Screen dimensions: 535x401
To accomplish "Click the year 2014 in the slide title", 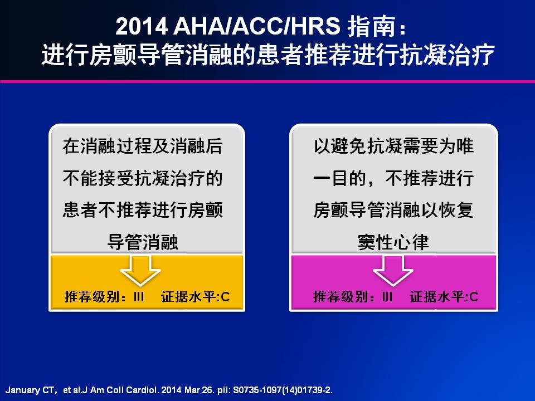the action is pos(141,26).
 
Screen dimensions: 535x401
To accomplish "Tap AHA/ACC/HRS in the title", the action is pos(256,26).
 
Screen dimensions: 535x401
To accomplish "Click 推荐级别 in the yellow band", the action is pos(92,297).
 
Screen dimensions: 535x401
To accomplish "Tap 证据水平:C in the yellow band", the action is pos(196,297).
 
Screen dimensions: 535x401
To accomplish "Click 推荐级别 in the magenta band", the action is pos(341,297).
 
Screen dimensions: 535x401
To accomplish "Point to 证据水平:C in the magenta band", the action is pos(444,297).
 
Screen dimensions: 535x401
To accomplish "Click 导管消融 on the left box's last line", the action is pos(143,242).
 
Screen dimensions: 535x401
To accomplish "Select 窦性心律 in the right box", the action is pos(393,242).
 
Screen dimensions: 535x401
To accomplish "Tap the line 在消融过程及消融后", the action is pos(143,146).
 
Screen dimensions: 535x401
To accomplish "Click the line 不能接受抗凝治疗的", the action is pos(143,178).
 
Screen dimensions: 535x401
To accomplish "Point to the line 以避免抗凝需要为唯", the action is pos(393,146).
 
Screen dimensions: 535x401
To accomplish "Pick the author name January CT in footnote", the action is pos(30,390).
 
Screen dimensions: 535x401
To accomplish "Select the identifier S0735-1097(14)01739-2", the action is pos(283,390).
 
